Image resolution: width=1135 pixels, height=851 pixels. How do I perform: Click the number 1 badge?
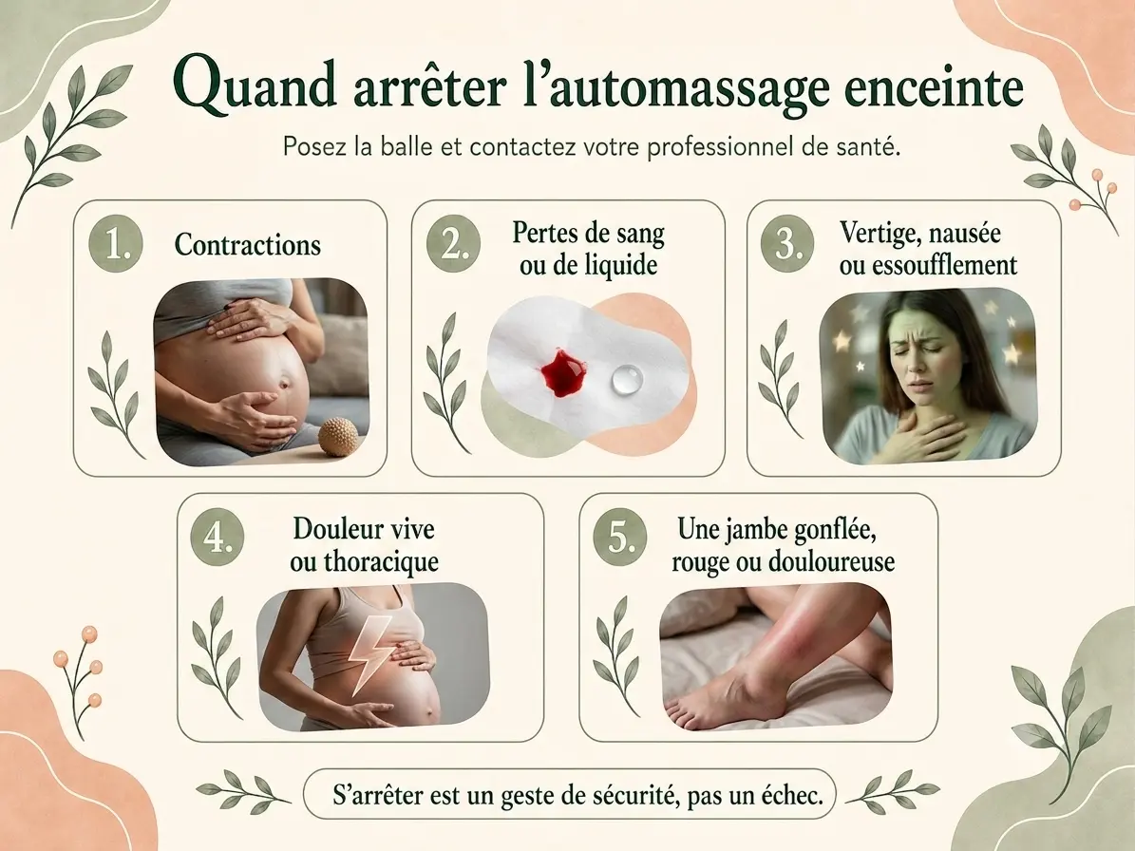[116, 245]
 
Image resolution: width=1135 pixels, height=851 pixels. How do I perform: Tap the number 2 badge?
[453, 245]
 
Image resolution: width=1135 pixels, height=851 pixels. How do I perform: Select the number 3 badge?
[787, 245]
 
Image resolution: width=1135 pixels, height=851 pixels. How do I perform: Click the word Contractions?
[248, 245]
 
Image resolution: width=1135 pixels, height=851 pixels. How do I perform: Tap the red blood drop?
[563, 372]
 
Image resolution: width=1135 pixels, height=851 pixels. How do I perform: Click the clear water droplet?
[626, 379]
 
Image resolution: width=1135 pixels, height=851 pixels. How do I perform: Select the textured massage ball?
[339, 436]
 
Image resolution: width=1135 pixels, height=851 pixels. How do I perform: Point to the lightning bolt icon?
[369, 653]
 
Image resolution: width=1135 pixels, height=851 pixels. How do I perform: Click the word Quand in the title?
[255, 86]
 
